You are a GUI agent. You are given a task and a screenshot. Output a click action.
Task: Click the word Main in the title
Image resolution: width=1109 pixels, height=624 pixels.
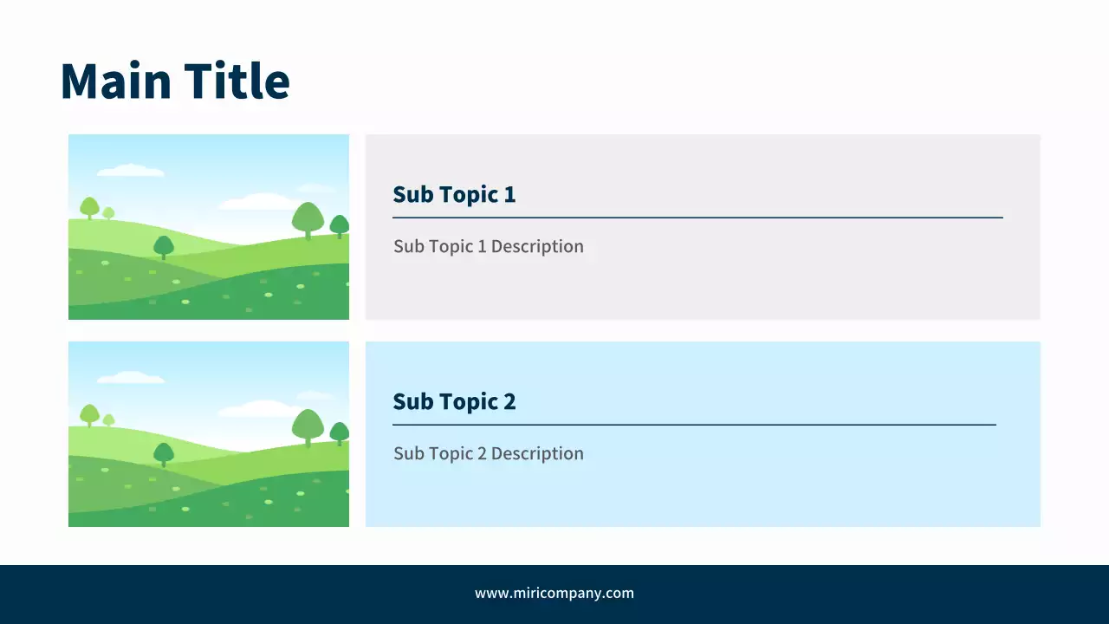coord(116,81)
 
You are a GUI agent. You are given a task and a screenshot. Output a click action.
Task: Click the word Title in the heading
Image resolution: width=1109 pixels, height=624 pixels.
coord(237,81)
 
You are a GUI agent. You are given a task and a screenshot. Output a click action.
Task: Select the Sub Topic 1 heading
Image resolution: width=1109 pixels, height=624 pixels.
coord(454,194)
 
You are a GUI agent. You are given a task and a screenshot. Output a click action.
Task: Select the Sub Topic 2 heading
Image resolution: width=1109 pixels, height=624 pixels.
coord(454,401)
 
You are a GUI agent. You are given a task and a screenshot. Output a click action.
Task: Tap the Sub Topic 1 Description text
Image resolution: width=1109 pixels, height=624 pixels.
coord(489,246)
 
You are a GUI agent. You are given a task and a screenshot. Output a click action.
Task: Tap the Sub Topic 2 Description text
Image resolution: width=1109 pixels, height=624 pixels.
coord(489,453)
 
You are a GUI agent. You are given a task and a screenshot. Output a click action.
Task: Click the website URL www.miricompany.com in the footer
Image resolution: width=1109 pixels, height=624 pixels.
coord(554,594)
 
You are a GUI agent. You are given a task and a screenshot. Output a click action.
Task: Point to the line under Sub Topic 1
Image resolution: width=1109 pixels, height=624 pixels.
coord(698,218)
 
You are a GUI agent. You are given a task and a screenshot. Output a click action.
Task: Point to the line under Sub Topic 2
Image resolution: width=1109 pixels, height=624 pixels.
coord(695,425)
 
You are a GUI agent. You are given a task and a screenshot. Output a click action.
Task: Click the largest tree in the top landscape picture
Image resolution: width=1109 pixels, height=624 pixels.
coord(308,220)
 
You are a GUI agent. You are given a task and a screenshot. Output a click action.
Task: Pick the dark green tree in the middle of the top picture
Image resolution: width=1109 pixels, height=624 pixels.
coord(164,247)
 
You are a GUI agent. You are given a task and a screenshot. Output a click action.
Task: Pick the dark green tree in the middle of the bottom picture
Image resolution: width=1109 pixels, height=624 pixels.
coord(164,453)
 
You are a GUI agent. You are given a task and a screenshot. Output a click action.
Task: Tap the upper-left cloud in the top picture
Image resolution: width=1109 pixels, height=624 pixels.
coord(131,171)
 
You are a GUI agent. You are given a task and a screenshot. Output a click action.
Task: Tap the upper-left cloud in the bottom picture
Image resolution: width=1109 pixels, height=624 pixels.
coord(131,377)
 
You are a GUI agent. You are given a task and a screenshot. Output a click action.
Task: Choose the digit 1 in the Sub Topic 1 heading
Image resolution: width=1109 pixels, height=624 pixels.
coord(510,194)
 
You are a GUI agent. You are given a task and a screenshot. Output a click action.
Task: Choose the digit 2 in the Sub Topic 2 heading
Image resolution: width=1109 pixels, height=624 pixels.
coord(509,401)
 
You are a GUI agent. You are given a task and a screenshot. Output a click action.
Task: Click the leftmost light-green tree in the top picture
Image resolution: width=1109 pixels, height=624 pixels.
coord(89,207)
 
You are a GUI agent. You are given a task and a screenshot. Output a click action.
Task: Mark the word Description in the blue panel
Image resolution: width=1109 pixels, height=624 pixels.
coord(537,453)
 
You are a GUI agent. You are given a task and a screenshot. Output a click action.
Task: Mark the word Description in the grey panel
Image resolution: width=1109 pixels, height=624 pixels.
coord(537,246)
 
